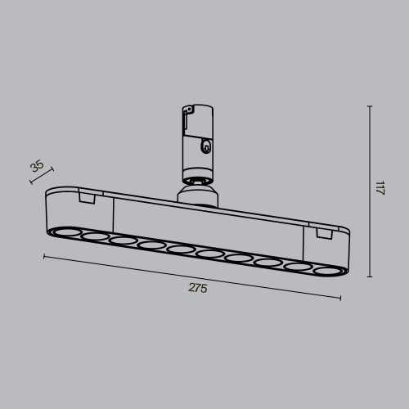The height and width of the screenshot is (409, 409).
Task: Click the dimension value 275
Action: [197, 288]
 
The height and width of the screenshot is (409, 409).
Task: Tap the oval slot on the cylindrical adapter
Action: [206, 148]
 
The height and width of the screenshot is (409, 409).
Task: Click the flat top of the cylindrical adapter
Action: [197, 106]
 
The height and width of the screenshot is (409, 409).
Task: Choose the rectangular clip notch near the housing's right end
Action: [321, 235]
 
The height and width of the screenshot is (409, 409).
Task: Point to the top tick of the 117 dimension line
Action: [370, 106]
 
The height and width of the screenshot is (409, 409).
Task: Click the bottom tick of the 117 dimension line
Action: [370, 277]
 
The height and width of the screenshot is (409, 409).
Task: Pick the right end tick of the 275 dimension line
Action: [340, 298]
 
